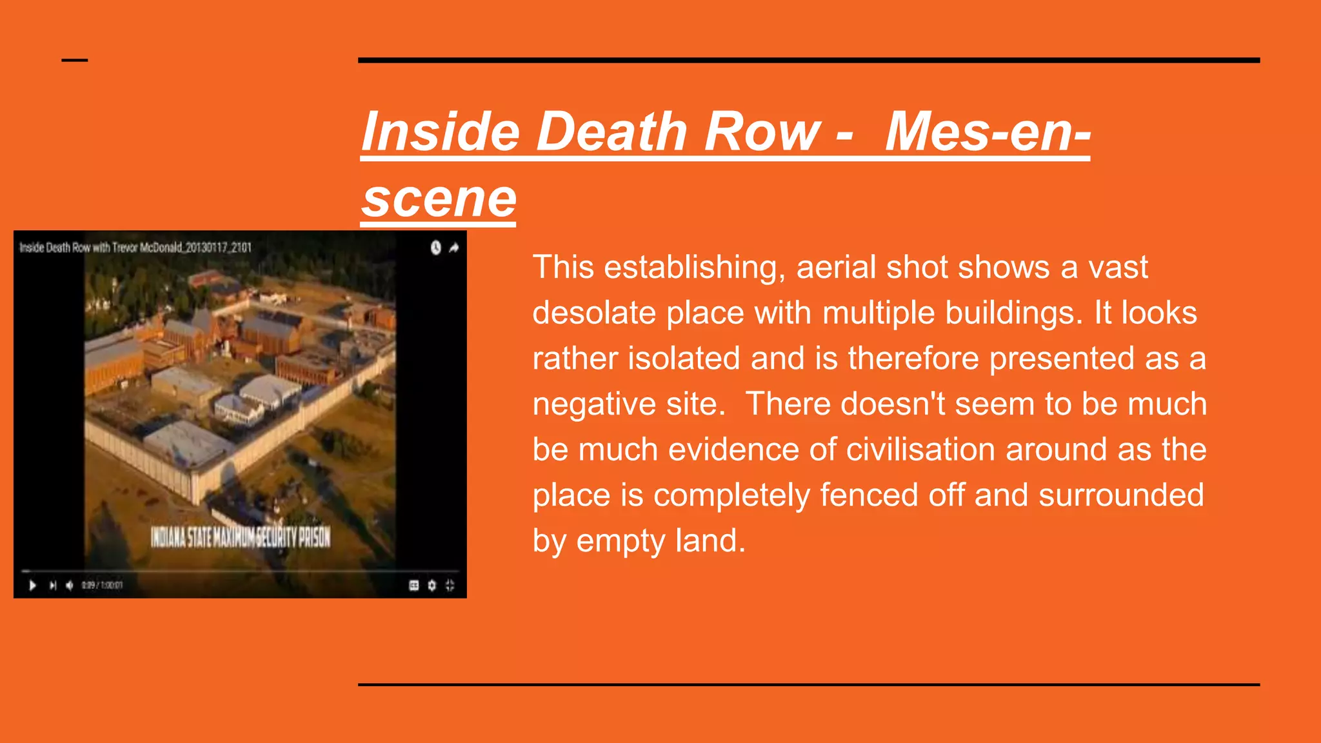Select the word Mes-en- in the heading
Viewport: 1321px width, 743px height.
(x=988, y=132)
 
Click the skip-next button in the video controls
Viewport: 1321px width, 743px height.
(x=53, y=586)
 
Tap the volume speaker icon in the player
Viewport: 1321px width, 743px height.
(x=70, y=586)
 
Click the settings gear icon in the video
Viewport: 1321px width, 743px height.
(x=432, y=586)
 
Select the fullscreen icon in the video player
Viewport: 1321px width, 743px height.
(x=450, y=586)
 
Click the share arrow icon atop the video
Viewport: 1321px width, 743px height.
(x=454, y=248)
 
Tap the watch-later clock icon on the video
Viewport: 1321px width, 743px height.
(x=436, y=248)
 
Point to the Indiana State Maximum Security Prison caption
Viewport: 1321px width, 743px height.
(x=241, y=537)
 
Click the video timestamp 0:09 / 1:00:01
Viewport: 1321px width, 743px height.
(x=102, y=586)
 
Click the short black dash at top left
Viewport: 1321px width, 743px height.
(x=75, y=61)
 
